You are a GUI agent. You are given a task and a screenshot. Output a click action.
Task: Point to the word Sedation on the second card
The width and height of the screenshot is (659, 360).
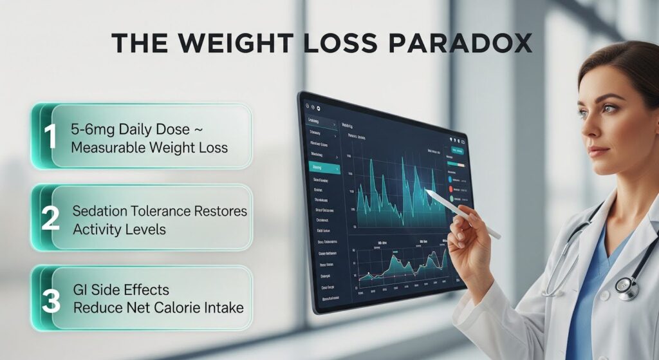(x=100, y=211)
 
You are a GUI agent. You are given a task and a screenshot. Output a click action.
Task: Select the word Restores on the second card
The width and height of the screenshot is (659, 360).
(x=221, y=211)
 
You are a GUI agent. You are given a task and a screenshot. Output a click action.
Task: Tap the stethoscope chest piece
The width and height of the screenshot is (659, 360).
(x=625, y=287)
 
